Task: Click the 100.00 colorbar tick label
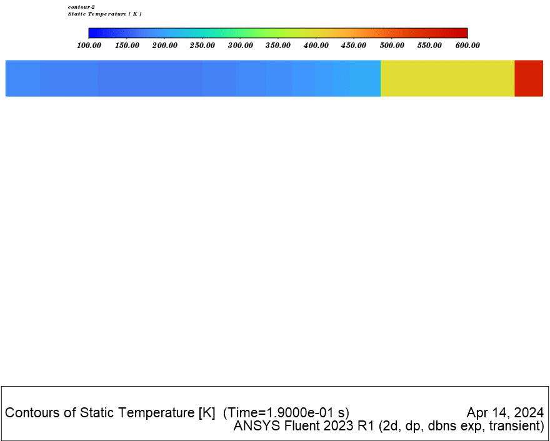(x=89, y=46)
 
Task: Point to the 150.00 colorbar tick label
(x=127, y=46)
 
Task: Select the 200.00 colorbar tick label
(x=164, y=46)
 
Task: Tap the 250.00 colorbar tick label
(x=202, y=46)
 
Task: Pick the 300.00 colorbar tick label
(x=240, y=46)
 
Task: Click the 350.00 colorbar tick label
(x=278, y=46)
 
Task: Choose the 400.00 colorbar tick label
(x=316, y=46)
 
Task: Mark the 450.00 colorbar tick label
(x=354, y=46)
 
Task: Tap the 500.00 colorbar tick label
(x=392, y=46)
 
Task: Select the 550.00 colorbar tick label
(x=429, y=46)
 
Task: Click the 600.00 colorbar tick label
(x=467, y=46)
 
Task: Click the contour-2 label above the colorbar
(x=81, y=7)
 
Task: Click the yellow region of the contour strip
(x=447, y=79)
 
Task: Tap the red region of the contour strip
(x=529, y=79)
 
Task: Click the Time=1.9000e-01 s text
(x=286, y=413)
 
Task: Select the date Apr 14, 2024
(x=505, y=413)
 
